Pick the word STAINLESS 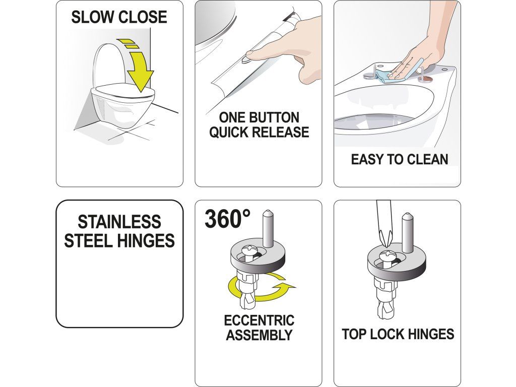[119, 222]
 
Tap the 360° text [228, 219]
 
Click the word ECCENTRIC [259, 320]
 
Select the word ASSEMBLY [259, 335]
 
